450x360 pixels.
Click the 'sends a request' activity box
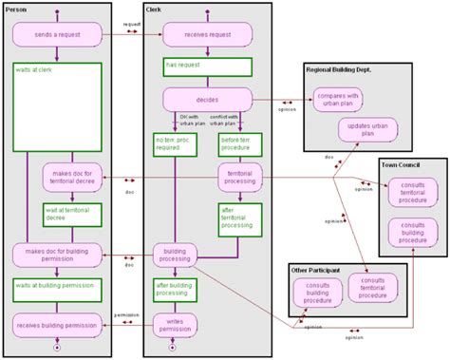click(57, 34)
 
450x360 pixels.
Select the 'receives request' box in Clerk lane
click(207, 34)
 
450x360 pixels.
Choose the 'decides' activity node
click(207, 99)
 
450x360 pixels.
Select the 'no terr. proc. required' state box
click(175, 144)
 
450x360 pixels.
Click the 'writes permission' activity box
click(175, 325)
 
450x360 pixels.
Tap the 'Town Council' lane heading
click(403, 165)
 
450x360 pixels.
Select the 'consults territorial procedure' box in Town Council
click(412, 193)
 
